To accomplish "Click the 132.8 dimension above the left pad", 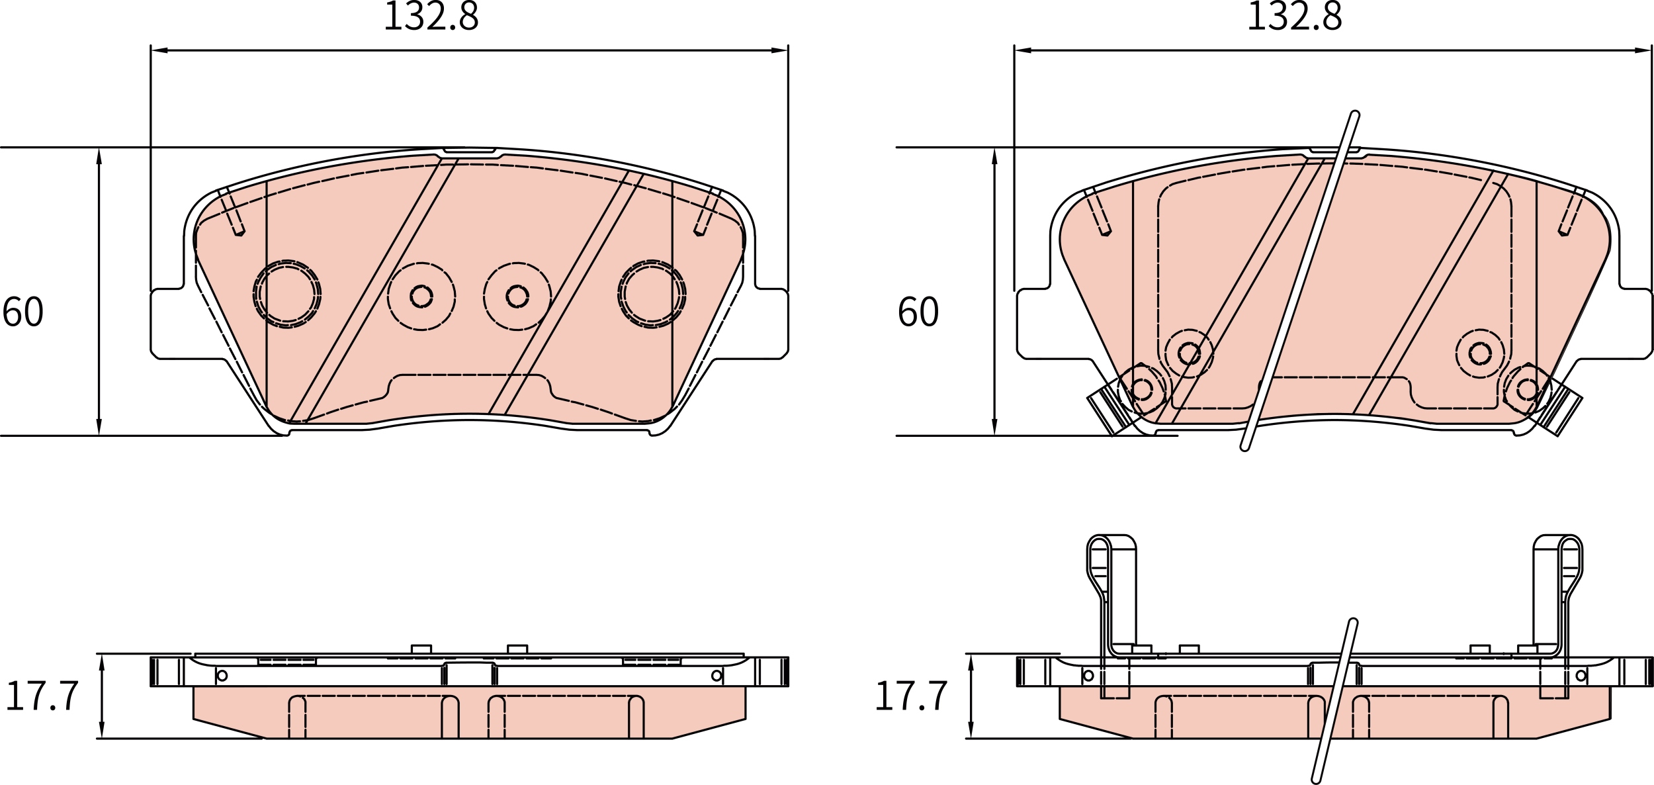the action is click(431, 16).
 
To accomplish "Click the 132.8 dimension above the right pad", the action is click(1294, 16).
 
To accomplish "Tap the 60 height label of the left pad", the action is click(23, 311).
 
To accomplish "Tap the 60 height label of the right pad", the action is click(918, 311).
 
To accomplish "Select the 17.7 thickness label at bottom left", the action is click(43, 696).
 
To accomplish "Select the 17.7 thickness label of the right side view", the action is click(912, 696).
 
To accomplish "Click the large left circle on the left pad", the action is click(287, 294).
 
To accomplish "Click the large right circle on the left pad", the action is click(652, 294).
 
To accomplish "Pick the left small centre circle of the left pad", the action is click(421, 296).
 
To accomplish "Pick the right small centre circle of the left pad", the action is click(517, 296).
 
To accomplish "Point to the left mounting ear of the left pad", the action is click(167, 324).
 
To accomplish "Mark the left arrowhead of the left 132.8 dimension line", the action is click(159, 50).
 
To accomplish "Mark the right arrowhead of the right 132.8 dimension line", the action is click(1643, 50).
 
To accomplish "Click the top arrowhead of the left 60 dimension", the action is click(99, 156).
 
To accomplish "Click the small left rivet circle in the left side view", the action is click(222, 676).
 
